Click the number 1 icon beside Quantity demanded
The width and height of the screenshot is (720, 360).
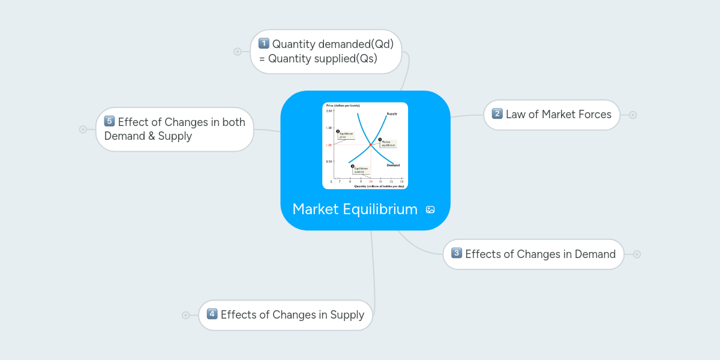[x=264, y=44]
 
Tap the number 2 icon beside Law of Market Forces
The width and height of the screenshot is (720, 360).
[x=497, y=114]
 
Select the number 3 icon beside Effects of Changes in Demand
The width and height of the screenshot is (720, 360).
[x=457, y=253]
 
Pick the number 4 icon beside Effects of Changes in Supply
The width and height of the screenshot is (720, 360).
[x=212, y=314]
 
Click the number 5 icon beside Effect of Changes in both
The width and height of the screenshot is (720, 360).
[x=109, y=121]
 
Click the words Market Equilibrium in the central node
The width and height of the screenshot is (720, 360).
[x=355, y=209]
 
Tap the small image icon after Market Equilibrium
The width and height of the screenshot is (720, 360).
[x=430, y=209]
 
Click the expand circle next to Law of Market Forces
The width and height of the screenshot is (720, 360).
[x=632, y=115]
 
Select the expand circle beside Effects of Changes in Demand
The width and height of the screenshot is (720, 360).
[x=637, y=254]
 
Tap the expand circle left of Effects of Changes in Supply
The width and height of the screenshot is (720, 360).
[x=185, y=315]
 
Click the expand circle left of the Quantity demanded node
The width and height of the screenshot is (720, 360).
[x=237, y=52]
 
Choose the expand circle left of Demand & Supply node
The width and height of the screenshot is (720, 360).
[x=83, y=129]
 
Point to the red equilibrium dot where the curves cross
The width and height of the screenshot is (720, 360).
[x=371, y=145]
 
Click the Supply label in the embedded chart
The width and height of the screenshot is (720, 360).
[x=392, y=113]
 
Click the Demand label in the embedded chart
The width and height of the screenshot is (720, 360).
[x=393, y=165]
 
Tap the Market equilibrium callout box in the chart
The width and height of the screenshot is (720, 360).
[x=388, y=144]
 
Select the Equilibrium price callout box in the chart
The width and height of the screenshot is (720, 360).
[x=346, y=135]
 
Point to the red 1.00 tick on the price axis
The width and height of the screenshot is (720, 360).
[x=329, y=145]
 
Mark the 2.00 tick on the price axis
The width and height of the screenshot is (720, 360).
[x=329, y=111]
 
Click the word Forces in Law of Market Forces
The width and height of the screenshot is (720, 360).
[x=594, y=114]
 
